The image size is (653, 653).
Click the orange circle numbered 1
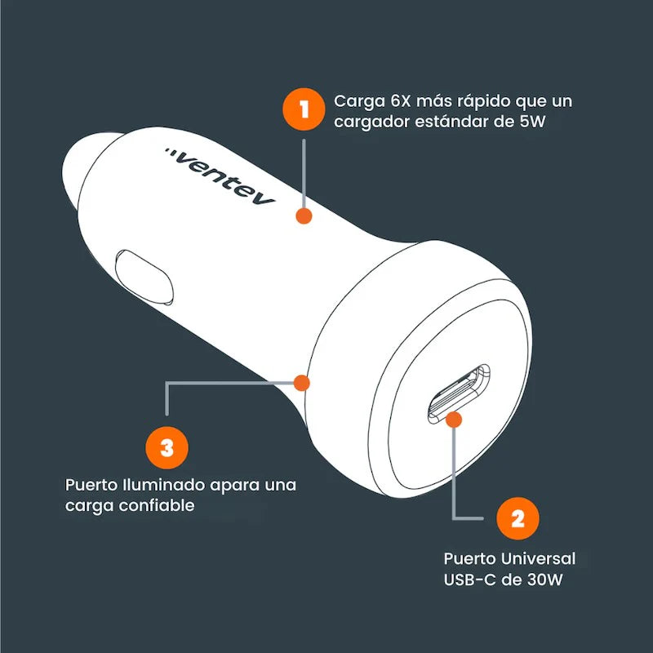304,111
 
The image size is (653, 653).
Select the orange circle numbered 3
167,446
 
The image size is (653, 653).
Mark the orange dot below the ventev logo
304,216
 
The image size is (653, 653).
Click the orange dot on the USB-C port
455,420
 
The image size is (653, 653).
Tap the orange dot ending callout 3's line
303,382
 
